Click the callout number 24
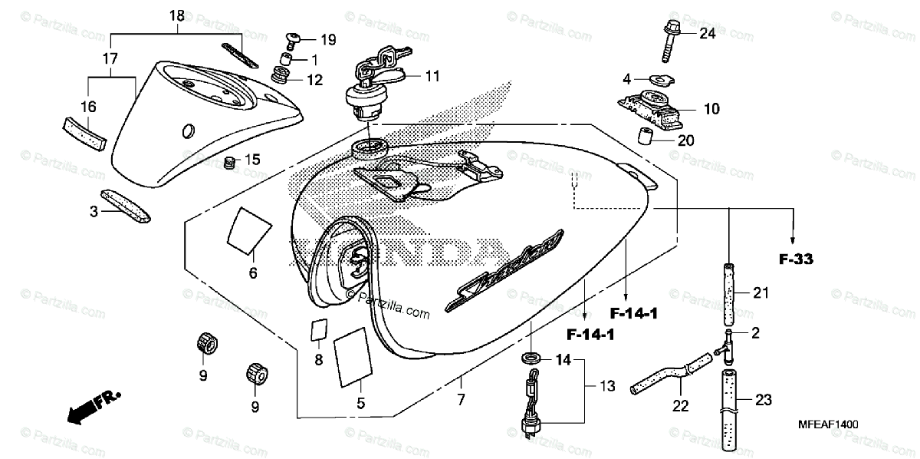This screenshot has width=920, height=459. tap(706, 33)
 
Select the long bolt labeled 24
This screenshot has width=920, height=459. tap(667, 42)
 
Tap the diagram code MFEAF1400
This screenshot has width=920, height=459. tap(827, 424)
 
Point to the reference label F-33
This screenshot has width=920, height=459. tap(796, 260)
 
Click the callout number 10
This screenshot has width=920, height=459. tap(711, 109)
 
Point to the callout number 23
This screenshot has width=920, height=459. tap(763, 399)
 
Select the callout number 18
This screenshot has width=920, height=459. tap(177, 15)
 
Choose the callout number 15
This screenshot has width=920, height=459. tap(252, 159)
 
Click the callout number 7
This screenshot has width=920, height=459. tap(461, 399)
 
